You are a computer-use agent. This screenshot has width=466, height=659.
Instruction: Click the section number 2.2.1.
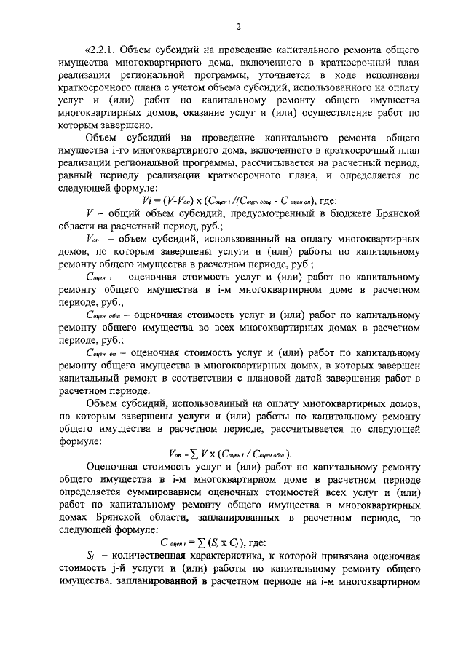[103, 50]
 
